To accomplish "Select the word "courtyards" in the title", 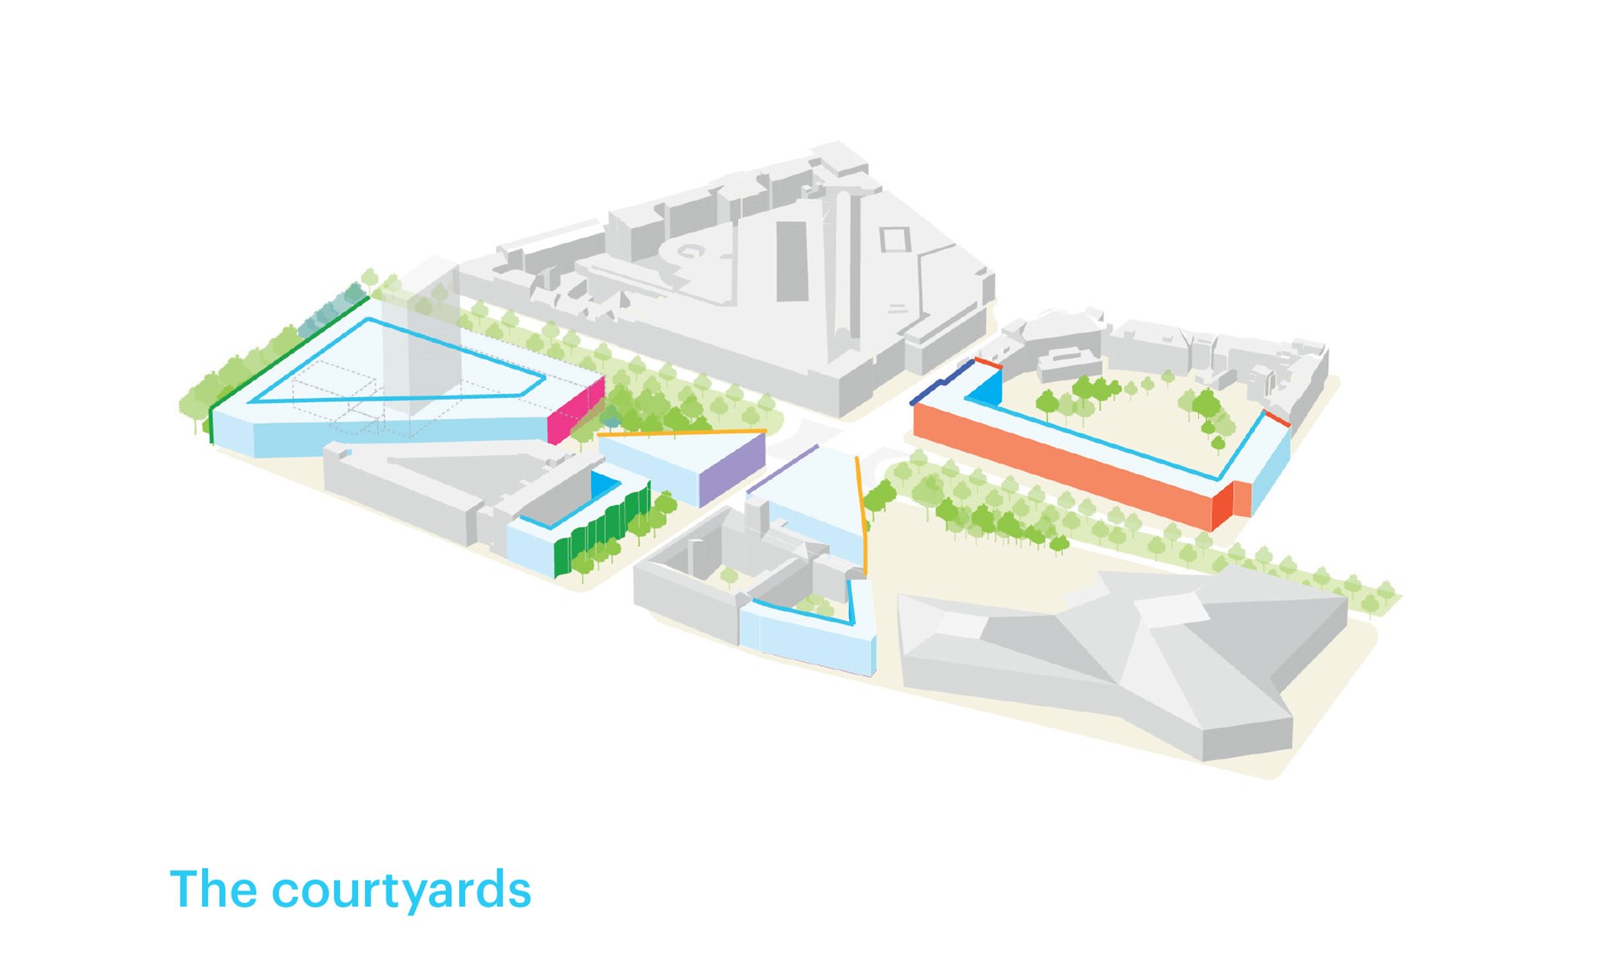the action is (402, 891).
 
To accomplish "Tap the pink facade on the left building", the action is (575, 411).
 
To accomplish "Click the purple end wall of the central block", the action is (732, 470).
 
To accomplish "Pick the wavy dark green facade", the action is (602, 530).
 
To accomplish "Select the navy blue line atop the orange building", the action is (942, 381).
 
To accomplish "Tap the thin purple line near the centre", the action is (782, 469).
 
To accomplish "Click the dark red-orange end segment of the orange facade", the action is (1223, 506).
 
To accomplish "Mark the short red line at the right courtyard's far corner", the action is (1277, 418).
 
